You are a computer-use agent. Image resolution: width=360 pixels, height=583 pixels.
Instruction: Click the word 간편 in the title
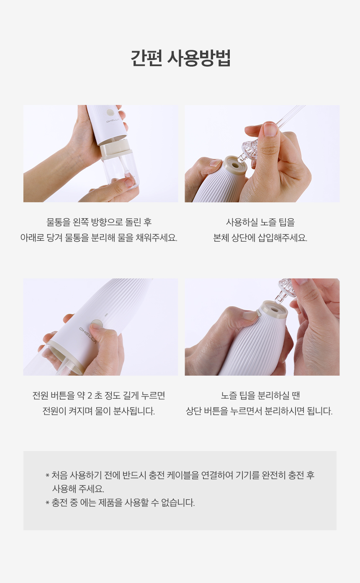[x=147, y=58]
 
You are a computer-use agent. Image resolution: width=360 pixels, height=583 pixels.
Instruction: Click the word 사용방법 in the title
[x=199, y=58]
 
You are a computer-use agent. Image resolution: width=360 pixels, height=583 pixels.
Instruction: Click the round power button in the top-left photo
[x=111, y=113]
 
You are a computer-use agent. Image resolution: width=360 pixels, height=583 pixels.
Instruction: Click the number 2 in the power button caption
[x=90, y=396]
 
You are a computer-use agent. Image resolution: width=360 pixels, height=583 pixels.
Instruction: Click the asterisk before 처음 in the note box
[x=47, y=475]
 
